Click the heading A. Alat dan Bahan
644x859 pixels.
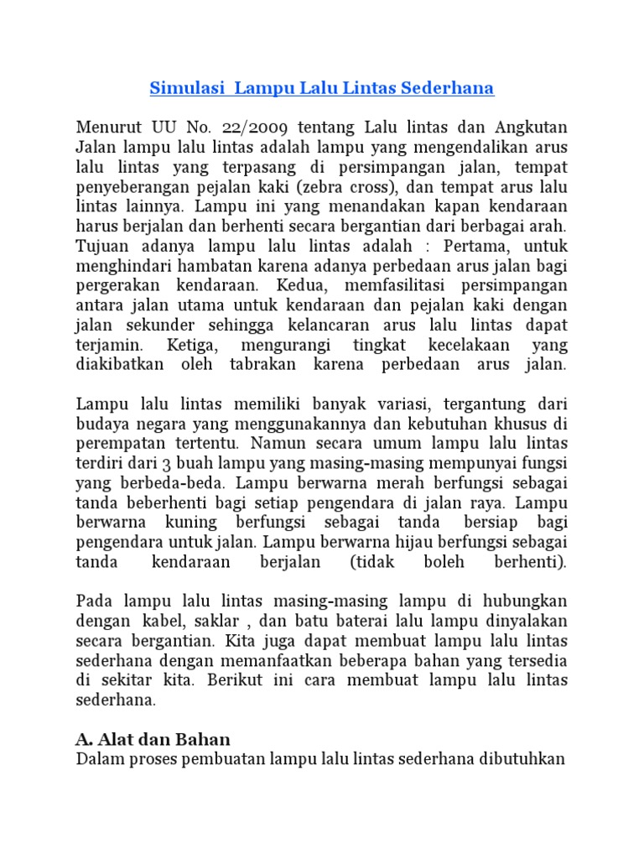(x=153, y=739)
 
